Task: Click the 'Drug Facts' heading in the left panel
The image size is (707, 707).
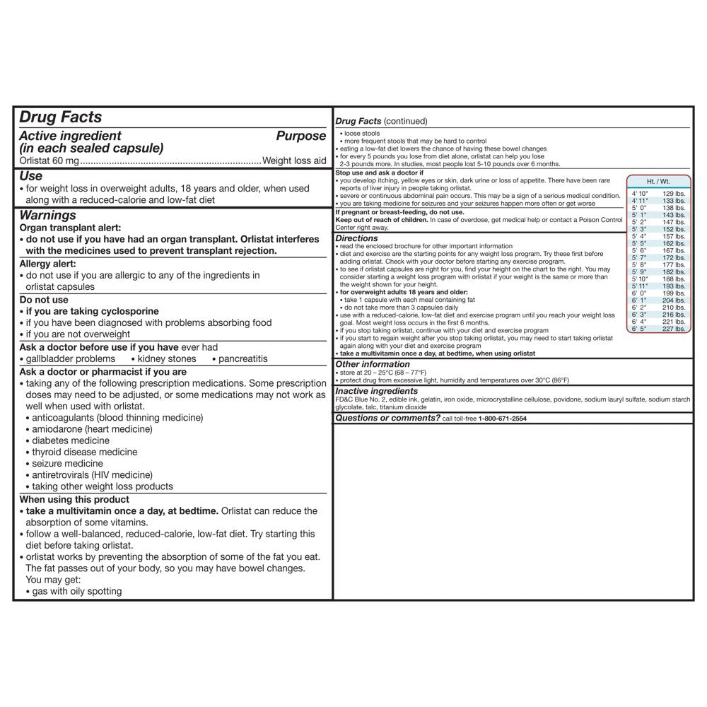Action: point(60,117)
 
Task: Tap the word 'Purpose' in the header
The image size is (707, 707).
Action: point(300,136)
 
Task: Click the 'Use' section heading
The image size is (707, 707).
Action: point(30,176)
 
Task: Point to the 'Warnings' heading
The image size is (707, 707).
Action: point(47,215)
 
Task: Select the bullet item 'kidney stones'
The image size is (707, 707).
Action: point(168,358)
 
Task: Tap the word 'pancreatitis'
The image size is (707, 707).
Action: point(243,358)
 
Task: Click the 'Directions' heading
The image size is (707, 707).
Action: point(357,239)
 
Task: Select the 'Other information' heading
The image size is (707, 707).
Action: point(373,364)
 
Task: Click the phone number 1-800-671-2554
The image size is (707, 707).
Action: point(502,419)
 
